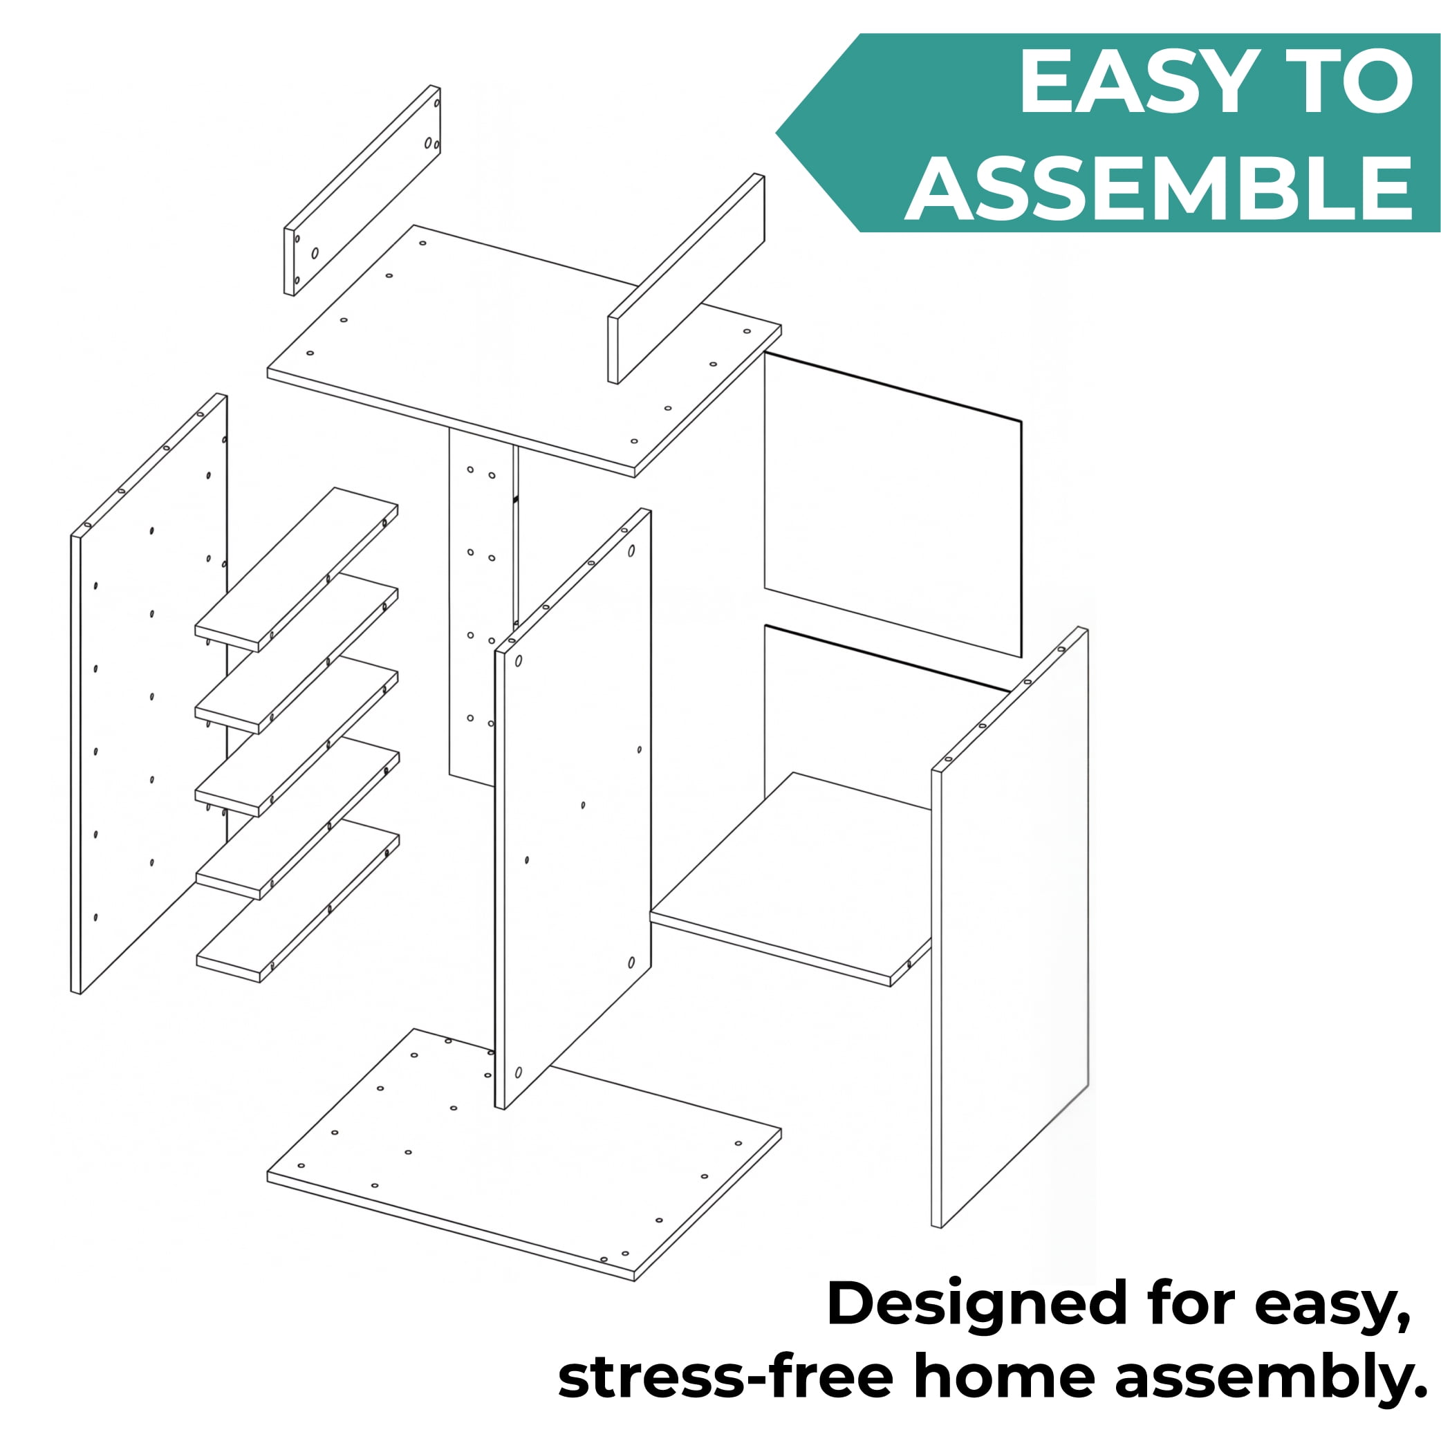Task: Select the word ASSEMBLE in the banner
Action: (x=1159, y=188)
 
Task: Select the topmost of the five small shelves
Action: (x=296, y=570)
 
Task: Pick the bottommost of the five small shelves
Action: (x=297, y=902)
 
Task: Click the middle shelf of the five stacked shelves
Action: (x=297, y=736)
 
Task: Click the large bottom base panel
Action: (x=524, y=1155)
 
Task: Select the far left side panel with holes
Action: (x=149, y=694)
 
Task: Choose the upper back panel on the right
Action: (x=893, y=505)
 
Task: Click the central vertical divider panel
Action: (x=573, y=810)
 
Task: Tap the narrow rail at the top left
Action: (x=362, y=190)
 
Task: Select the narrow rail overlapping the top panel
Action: (x=686, y=279)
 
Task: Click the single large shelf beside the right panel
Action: (x=791, y=880)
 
